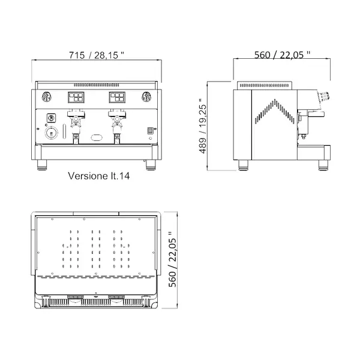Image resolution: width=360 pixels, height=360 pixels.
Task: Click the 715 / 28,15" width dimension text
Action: tap(97, 55)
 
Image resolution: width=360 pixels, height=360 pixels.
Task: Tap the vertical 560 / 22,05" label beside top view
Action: tap(175, 262)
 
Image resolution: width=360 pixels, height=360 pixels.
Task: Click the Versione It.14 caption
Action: tap(100, 177)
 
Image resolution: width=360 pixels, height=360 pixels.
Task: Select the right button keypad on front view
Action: tap(117, 97)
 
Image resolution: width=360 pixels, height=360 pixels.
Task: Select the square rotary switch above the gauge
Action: tap(51, 118)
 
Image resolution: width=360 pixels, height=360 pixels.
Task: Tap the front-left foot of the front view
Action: tap(41, 163)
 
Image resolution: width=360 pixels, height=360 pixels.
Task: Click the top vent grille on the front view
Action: tap(97, 84)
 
